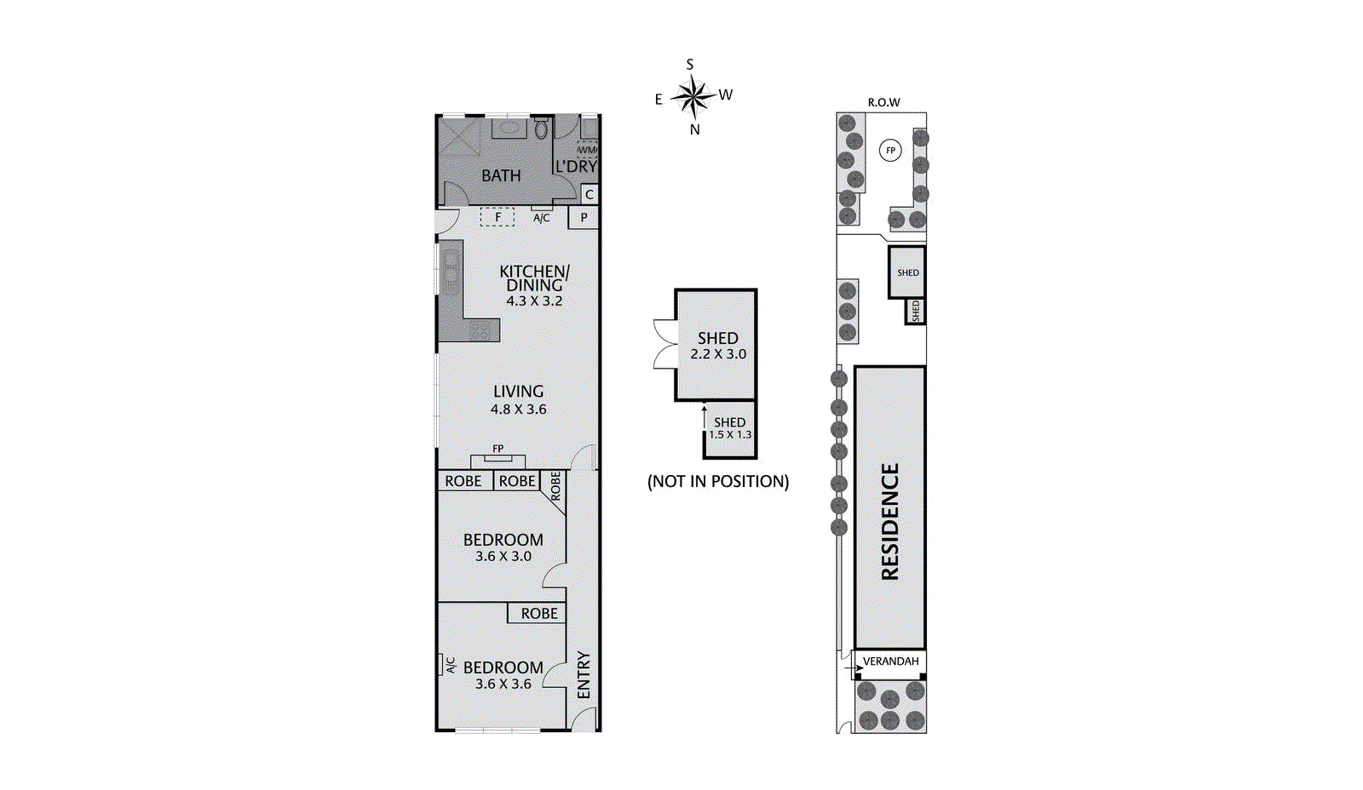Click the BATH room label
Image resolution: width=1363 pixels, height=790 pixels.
501,176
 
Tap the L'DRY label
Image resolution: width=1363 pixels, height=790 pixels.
577,167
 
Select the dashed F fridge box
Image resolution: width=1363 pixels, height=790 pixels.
497,217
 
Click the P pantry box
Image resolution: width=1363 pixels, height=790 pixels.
584,218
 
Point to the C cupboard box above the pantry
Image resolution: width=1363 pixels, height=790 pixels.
589,195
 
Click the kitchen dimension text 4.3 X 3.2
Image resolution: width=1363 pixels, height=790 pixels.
534,301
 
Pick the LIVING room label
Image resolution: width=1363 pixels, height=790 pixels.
518,392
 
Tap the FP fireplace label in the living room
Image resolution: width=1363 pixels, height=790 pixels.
498,449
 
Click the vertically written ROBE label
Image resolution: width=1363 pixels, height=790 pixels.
555,486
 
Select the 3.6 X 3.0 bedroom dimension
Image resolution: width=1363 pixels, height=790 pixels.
503,557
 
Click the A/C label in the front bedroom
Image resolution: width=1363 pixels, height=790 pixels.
451,665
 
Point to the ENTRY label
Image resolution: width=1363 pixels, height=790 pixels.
584,675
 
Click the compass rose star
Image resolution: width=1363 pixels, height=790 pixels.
694,96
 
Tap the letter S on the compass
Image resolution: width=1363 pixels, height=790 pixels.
690,65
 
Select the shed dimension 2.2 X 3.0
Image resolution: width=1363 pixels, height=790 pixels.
718,354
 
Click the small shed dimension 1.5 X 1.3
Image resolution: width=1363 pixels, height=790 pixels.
730,435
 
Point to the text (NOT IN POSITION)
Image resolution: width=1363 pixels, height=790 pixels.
718,482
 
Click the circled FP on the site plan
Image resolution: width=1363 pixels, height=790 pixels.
890,151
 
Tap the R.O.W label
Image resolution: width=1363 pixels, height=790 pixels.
883,102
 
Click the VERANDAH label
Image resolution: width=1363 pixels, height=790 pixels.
891,661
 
